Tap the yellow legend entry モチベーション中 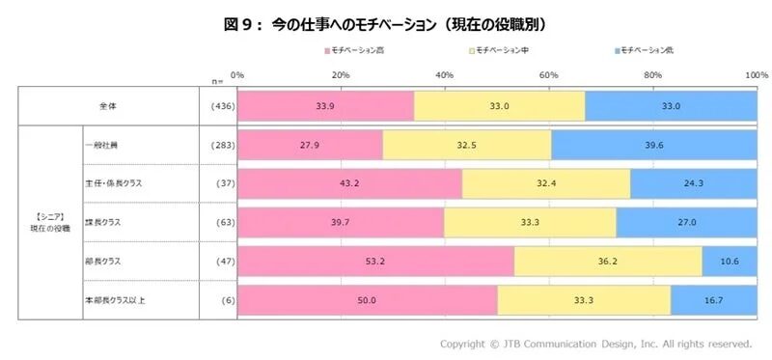click(502, 49)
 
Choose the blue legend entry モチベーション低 click(648, 49)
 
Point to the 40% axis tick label click(445, 74)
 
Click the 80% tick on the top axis click(652, 74)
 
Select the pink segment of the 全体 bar click(326, 105)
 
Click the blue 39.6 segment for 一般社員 click(653, 145)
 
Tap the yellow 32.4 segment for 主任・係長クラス click(546, 183)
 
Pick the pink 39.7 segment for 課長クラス click(341, 222)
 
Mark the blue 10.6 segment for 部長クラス click(729, 261)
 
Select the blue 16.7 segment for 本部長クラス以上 click(713, 300)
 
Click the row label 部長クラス click(105, 261)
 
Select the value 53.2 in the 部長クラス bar click(375, 261)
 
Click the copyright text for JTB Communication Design click(595, 343)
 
